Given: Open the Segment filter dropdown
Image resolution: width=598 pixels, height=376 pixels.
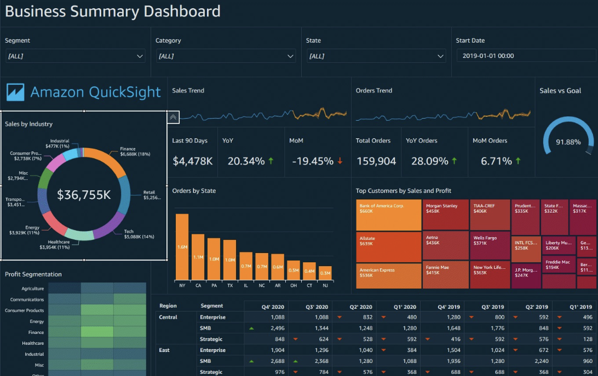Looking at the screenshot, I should point(75,56).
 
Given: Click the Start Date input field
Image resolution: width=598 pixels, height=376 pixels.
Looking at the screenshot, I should point(526,56).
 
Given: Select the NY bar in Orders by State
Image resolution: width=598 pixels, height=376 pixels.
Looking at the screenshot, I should point(182,246).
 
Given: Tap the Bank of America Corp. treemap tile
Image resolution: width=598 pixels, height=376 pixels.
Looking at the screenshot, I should point(388,215).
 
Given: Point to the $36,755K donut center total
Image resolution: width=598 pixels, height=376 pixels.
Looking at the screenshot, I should point(84,194).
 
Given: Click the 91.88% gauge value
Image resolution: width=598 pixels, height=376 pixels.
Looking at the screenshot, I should point(568,142).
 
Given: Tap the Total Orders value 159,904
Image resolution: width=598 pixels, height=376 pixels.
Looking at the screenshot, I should point(376,161).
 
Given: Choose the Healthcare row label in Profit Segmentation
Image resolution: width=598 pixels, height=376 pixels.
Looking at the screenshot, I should point(32,343).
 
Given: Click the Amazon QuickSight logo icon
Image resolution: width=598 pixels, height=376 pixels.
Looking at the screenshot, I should point(15,92).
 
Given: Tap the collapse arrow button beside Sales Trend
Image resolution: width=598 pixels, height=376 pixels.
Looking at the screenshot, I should point(173,117).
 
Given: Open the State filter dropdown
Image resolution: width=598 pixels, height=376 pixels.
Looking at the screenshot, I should point(376,56).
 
